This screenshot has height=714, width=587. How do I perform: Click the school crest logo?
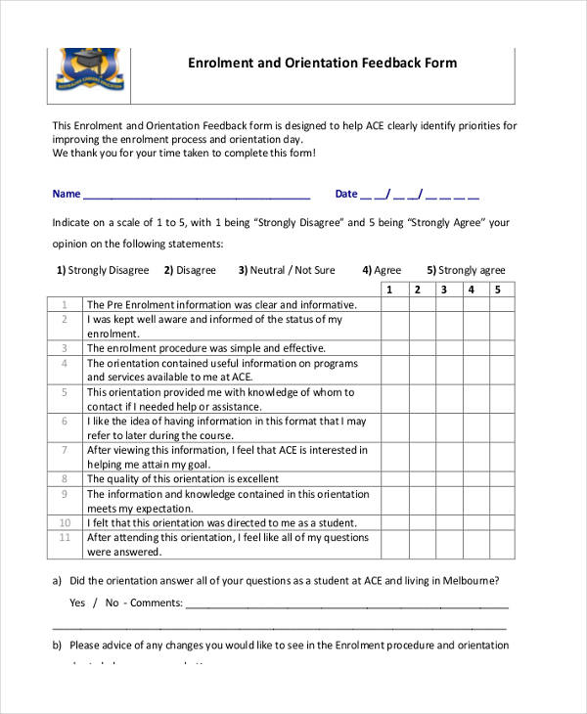pyautogui.click(x=89, y=68)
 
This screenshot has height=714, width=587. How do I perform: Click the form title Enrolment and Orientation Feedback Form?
pyautogui.click(x=322, y=64)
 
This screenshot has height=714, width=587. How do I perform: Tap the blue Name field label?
pyautogui.click(x=67, y=194)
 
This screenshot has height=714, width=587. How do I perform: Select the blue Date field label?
pyautogui.click(x=346, y=194)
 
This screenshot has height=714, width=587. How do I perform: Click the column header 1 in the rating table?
pyautogui.click(x=389, y=290)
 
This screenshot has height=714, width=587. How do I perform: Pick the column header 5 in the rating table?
pyautogui.click(x=497, y=290)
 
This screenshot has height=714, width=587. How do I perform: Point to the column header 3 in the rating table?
pyautogui.click(x=443, y=290)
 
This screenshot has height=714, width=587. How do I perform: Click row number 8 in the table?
pyautogui.click(x=64, y=479)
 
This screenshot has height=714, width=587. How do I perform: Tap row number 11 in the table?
pyautogui.click(x=65, y=537)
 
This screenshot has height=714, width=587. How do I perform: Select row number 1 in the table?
pyautogui.click(x=64, y=304)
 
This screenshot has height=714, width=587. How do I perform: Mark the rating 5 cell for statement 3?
pyautogui.click(x=497, y=348)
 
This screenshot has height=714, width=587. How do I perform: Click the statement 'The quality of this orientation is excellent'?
pyautogui.click(x=183, y=479)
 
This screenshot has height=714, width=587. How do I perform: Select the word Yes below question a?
pyautogui.click(x=77, y=602)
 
